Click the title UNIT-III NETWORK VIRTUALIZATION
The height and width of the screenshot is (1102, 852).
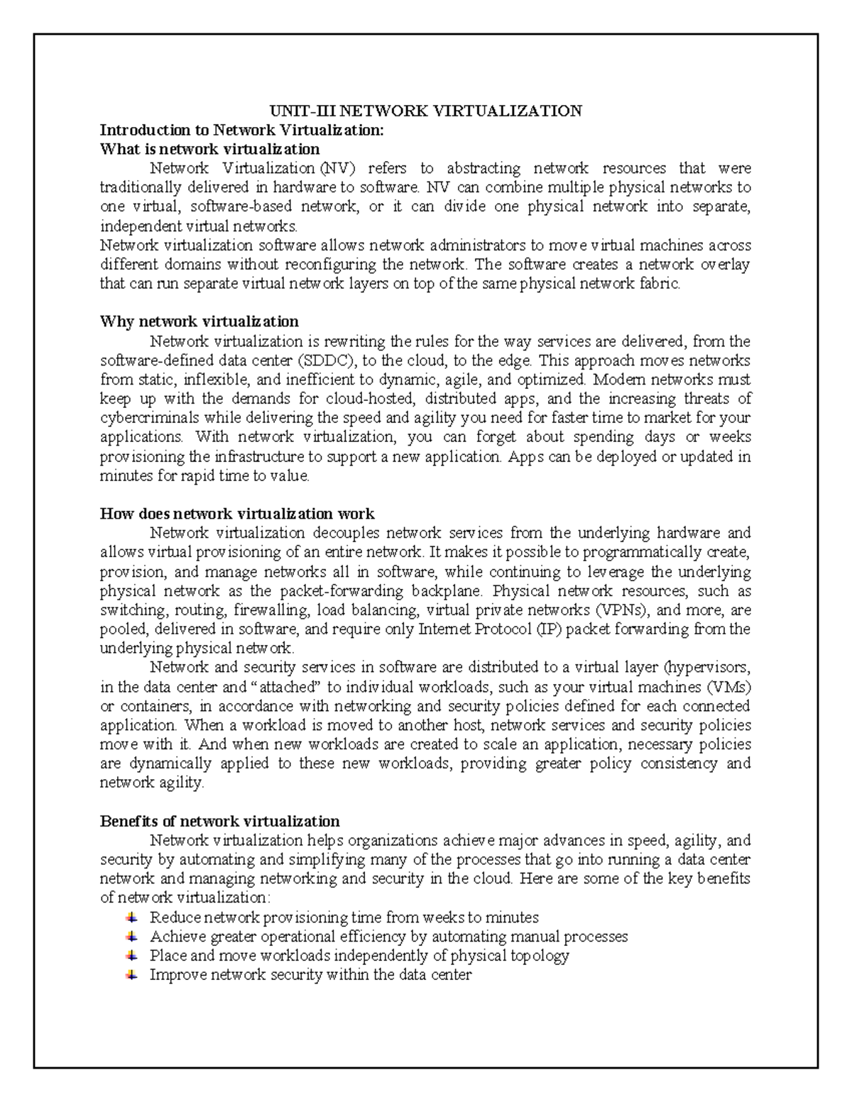[x=425, y=111]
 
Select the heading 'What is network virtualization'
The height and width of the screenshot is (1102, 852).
[x=209, y=149]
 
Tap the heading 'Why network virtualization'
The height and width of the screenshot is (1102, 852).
[x=199, y=321]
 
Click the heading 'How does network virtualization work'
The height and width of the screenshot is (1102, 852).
[x=237, y=513]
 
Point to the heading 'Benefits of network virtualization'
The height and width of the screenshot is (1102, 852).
[x=219, y=821]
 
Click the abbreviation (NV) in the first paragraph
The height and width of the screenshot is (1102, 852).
[x=334, y=168]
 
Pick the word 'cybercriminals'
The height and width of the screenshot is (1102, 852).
[x=146, y=418]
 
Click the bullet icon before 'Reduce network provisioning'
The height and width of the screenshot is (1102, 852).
[x=131, y=918]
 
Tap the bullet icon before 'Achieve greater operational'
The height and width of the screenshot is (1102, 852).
[x=131, y=937]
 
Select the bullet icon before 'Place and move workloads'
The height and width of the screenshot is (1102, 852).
[x=131, y=956]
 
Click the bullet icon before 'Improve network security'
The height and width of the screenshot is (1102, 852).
[x=131, y=975]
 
